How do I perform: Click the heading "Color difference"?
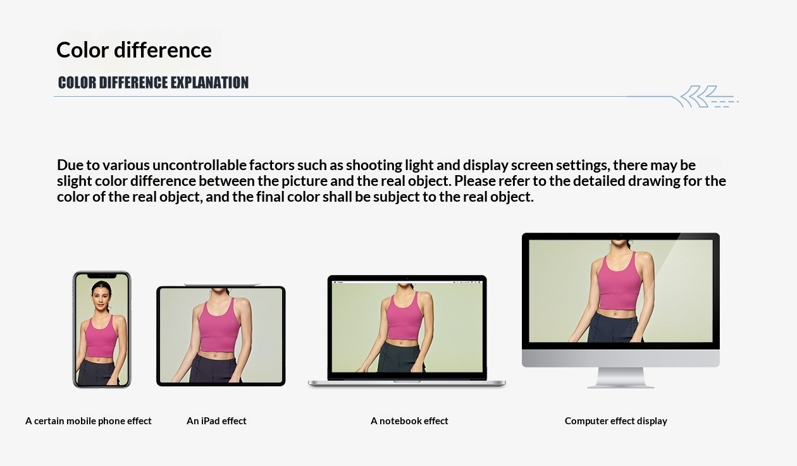pos(134,50)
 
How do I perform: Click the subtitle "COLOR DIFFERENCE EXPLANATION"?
pos(153,83)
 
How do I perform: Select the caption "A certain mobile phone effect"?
pos(89,421)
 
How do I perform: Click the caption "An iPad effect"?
pos(216,421)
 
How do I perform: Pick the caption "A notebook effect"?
pos(409,421)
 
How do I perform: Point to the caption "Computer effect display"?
pos(616,421)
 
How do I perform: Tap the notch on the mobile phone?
pos(102,276)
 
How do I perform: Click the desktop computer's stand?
pos(621,377)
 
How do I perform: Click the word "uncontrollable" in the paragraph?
pos(200,165)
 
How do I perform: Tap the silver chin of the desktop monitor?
pos(621,359)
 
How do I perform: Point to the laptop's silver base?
pos(407,383)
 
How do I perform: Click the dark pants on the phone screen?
pos(99,372)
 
